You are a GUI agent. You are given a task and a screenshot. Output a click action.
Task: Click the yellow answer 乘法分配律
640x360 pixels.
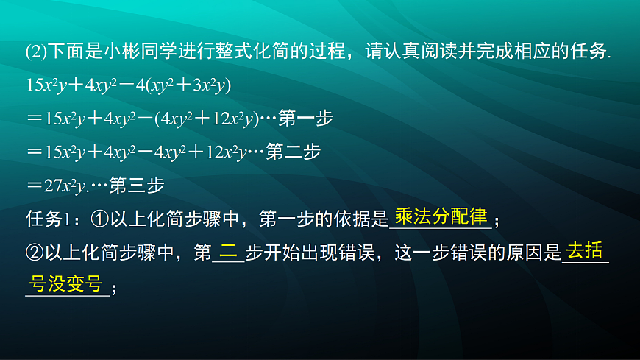pos(441,216)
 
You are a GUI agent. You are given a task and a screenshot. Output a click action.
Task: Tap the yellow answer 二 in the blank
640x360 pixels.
pos(229,252)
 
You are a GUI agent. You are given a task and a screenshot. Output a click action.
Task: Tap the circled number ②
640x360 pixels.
pos(34,253)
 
